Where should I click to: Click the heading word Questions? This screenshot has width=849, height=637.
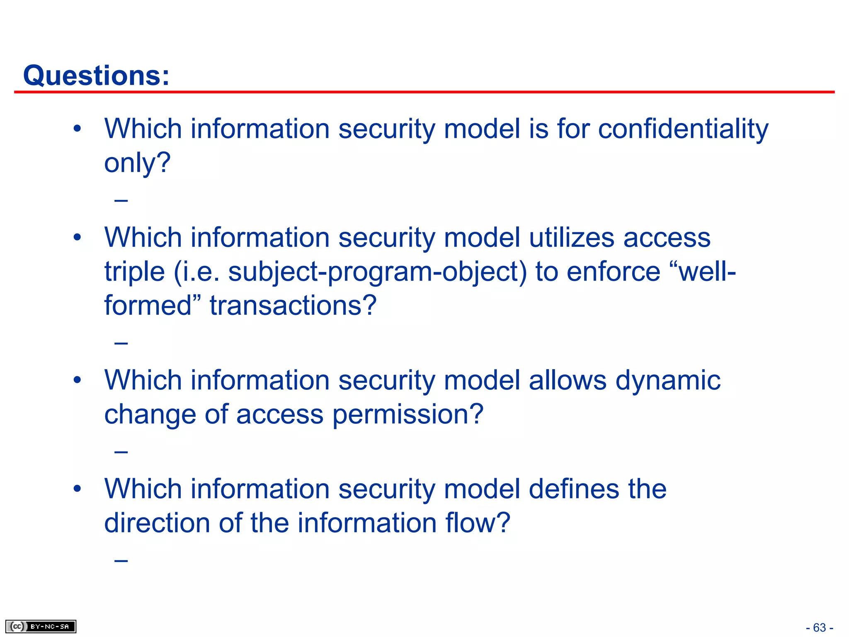point(96,76)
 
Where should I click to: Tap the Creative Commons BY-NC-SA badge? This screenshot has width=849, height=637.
point(41,626)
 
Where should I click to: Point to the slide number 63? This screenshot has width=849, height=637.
point(819,627)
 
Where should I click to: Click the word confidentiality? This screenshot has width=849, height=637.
point(683,129)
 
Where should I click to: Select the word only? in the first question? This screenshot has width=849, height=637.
point(137,163)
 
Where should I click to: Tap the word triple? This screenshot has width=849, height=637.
point(134,272)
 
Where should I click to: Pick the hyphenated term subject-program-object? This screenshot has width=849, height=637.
point(377,272)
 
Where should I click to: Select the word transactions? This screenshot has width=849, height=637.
point(293,306)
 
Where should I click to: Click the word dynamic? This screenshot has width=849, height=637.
point(668,380)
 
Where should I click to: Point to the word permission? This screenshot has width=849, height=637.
point(408,414)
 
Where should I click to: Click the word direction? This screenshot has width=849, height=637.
point(157,523)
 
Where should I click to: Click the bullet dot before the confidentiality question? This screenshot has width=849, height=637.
point(77,129)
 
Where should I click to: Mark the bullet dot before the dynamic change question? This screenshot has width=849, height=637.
point(77,380)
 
